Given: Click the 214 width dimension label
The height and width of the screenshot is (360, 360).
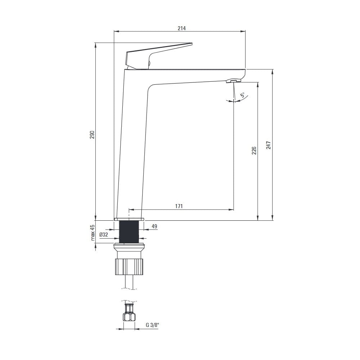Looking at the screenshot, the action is click(x=181, y=28).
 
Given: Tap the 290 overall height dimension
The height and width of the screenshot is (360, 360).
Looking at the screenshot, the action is click(x=92, y=135).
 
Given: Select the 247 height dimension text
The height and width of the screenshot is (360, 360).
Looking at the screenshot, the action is click(x=269, y=145).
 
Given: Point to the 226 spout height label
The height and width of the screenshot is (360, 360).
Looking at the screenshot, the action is click(x=254, y=150).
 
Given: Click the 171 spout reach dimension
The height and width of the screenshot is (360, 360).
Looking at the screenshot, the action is click(x=179, y=206).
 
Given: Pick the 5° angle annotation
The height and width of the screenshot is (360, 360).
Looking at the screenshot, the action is click(x=242, y=95).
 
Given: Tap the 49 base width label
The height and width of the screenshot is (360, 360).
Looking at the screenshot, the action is click(x=154, y=226).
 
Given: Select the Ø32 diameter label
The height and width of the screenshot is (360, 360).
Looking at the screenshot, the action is click(x=104, y=235).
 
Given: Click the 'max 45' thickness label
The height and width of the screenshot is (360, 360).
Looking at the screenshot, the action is click(x=92, y=232).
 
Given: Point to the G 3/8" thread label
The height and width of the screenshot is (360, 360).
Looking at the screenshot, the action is click(x=152, y=325).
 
